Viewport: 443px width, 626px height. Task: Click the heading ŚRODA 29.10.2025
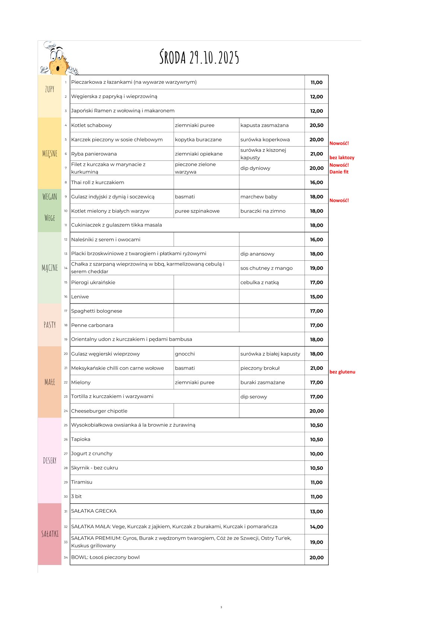click(199, 58)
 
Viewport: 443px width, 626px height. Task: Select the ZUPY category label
click(50, 89)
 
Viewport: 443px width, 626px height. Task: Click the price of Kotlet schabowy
click(316, 125)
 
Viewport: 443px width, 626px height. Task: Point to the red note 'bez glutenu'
click(342, 372)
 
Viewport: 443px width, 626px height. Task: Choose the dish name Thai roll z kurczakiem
click(98, 182)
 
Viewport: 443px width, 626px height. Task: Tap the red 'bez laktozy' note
click(342, 158)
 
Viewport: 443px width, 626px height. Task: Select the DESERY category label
click(50, 460)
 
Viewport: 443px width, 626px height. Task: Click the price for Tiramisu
click(316, 482)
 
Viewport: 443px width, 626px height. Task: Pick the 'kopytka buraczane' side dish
click(198, 139)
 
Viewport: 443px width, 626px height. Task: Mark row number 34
click(66, 558)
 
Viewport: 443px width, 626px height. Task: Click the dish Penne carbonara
click(92, 325)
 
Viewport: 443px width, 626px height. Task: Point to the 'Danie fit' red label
click(339, 172)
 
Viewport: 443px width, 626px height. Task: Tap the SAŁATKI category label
click(50, 534)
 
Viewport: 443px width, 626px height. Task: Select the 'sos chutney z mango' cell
click(266, 268)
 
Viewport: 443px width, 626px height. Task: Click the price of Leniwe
click(316, 297)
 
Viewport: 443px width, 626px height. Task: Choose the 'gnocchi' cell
click(185, 354)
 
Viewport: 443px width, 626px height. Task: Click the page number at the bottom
click(221, 607)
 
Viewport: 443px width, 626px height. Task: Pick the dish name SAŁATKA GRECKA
click(94, 511)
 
